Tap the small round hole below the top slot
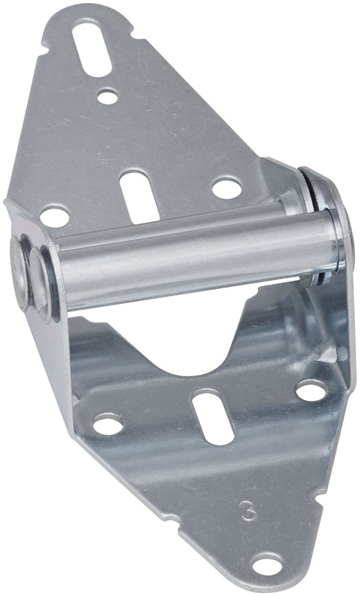tap(107, 96)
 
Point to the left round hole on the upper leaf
tap(54, 218)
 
